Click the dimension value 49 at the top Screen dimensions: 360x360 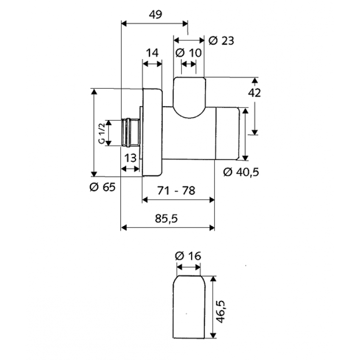click(154, 14)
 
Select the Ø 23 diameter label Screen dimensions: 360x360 click(221, 41)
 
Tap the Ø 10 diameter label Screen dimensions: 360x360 click(189, 53)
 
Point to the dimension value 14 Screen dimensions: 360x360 click(152, 53)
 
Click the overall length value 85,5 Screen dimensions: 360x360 click(166, 218)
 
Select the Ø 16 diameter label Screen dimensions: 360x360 click(188, 256)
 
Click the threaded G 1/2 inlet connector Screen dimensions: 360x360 click(130, 132)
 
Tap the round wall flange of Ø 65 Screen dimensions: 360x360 click(153, 132)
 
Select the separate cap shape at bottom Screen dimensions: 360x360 click(189, 307)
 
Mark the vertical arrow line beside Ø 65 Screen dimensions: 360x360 click(95, 132)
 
